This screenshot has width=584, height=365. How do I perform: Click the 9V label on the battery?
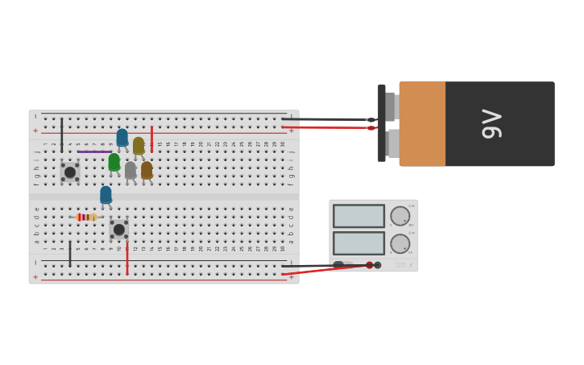(x=492, y=124)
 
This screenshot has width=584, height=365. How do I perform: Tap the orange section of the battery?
(x=422, y=123)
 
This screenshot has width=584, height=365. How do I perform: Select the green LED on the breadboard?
(x=114, y=162)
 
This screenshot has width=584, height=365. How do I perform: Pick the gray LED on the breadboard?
(x=130, y=170)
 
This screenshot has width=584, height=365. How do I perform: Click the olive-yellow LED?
(x=139, y=145)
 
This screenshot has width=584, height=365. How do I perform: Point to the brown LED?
(x=147, y=170)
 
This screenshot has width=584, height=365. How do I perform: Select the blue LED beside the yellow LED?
(x=122, y=138)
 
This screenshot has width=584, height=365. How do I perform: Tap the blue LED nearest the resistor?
(x=106, y=195)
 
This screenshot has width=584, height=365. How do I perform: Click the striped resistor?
(x=85, y=217)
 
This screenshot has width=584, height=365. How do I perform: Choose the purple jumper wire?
(x=94, y=151)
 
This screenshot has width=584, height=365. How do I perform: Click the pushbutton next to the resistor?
(x=118, y=230)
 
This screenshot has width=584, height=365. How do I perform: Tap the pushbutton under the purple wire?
(x=70, y=172)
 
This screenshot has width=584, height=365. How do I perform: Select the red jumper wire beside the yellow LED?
(x=151, y=139)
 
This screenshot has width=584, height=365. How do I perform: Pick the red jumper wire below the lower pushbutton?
(x=126, y=258)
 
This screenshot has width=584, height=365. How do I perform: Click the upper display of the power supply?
(x=358, y=216)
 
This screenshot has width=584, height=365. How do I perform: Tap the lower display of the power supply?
(x=358, y=243)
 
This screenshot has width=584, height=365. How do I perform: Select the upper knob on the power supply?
(x=400, y=216)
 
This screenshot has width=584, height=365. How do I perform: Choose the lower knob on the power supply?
(x=400, y=243)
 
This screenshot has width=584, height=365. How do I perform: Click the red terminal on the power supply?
(x=370, y=265)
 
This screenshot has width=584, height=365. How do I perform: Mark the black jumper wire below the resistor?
(x=70, y=254)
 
